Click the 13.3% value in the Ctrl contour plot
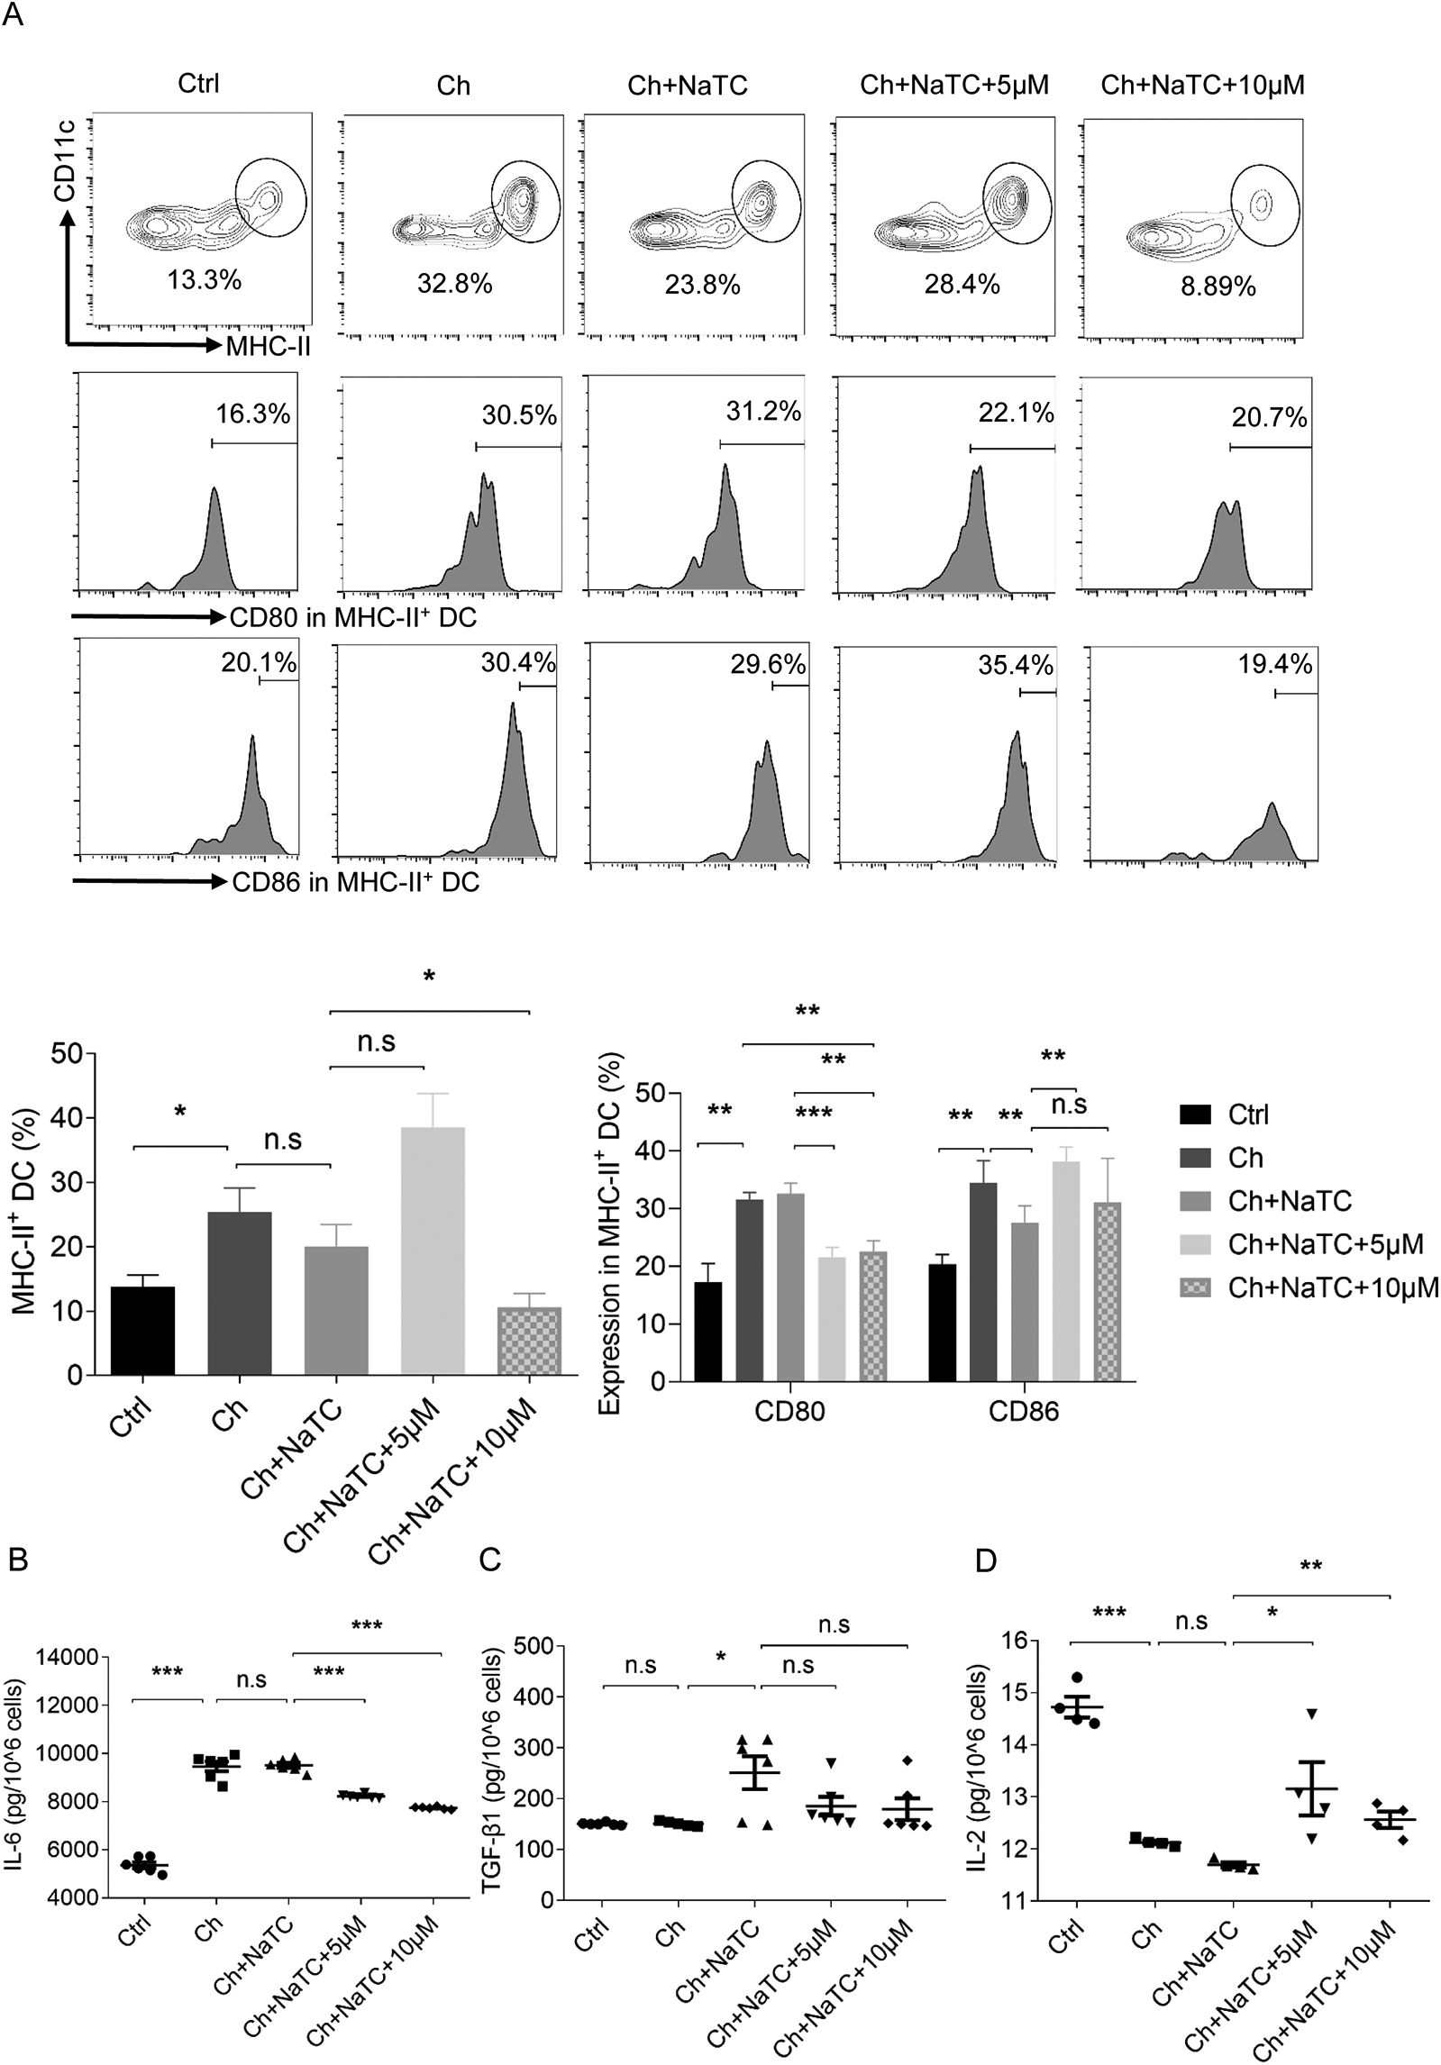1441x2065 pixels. [204, 280]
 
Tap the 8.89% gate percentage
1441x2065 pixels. [1218, 287]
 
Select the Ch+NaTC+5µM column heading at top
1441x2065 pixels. [954, 86]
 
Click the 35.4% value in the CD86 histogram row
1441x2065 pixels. [1015, 666]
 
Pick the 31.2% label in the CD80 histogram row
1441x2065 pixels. [763, 412]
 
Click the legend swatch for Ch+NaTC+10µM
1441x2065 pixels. [1198, 1287]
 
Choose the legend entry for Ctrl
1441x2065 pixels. [1247, 1114]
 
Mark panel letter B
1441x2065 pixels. [17, 1560]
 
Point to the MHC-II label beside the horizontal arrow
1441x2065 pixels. [268, 346]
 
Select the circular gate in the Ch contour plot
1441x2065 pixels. [526, 202]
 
